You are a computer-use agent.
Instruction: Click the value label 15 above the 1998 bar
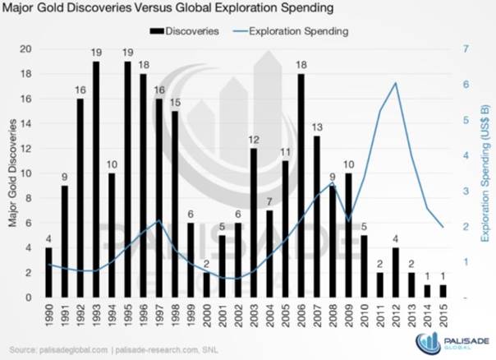pyautogui.click(x=176, y=103)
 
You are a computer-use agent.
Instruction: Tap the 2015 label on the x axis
pyautogui.click(x=443, y=316)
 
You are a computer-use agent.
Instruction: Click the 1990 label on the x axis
pyautogui.click(x=49, y=316)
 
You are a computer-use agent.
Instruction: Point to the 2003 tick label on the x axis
pyautogui.click(x=254, y=316)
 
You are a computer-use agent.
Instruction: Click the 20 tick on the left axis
pyautogui.click(x=26, y=49)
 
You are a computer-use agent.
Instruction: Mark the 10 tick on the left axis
pyautogui.click(x=26, y=173)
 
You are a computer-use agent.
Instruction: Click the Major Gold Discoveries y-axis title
pyautogui.click(x=11, y=173)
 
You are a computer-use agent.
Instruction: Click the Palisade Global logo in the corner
pyautogui.click(x=452, y=343)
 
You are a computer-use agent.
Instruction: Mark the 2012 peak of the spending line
pyautogui.click(x=396, y=83)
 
